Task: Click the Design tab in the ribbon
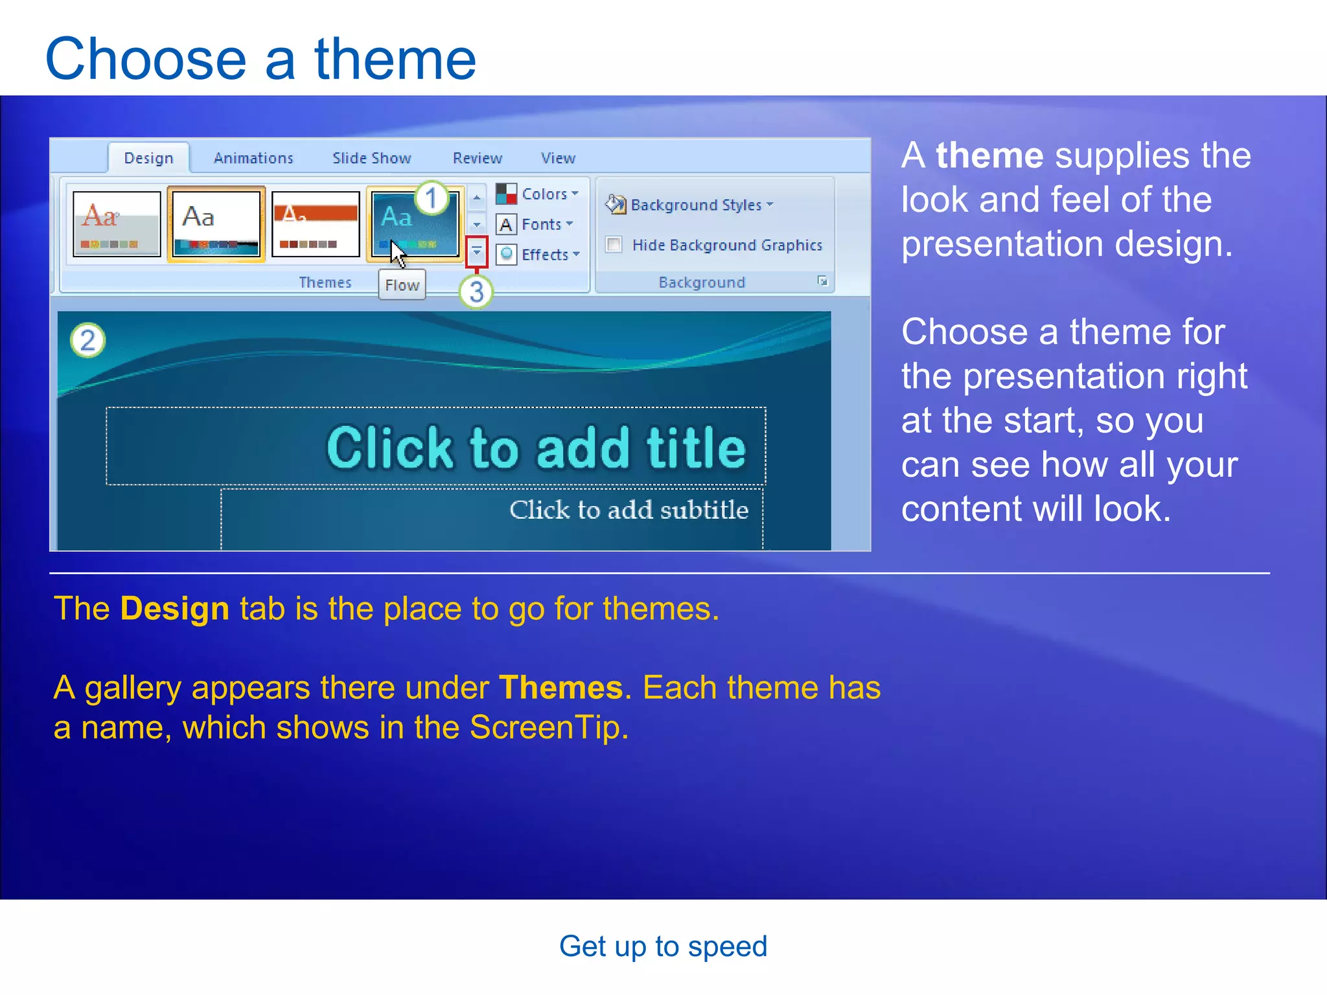coord(148,158)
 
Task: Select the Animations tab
coord(253,158)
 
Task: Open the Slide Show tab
coord(371,158)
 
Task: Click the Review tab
coord(477,158)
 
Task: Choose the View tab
coord(558,158)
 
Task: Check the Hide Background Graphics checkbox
coord(614,245)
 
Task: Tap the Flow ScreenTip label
coord(402,285)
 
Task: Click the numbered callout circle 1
coord(432,198)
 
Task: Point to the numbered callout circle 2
coord(88,340)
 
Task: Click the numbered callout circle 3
coord(476,292)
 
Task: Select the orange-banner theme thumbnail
coord(316,224)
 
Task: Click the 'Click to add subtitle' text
coord(629,510)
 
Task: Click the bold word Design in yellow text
coord(175,609)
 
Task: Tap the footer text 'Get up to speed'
coord(663,946)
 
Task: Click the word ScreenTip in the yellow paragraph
coord(549,727)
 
